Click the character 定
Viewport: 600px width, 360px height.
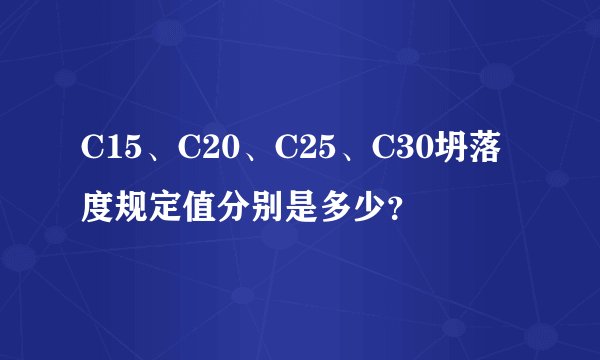click(173, 207)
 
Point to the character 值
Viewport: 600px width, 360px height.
click(209, 207)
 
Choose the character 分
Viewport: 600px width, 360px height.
click(245, 207)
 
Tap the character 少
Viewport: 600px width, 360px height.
click(389, 207)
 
